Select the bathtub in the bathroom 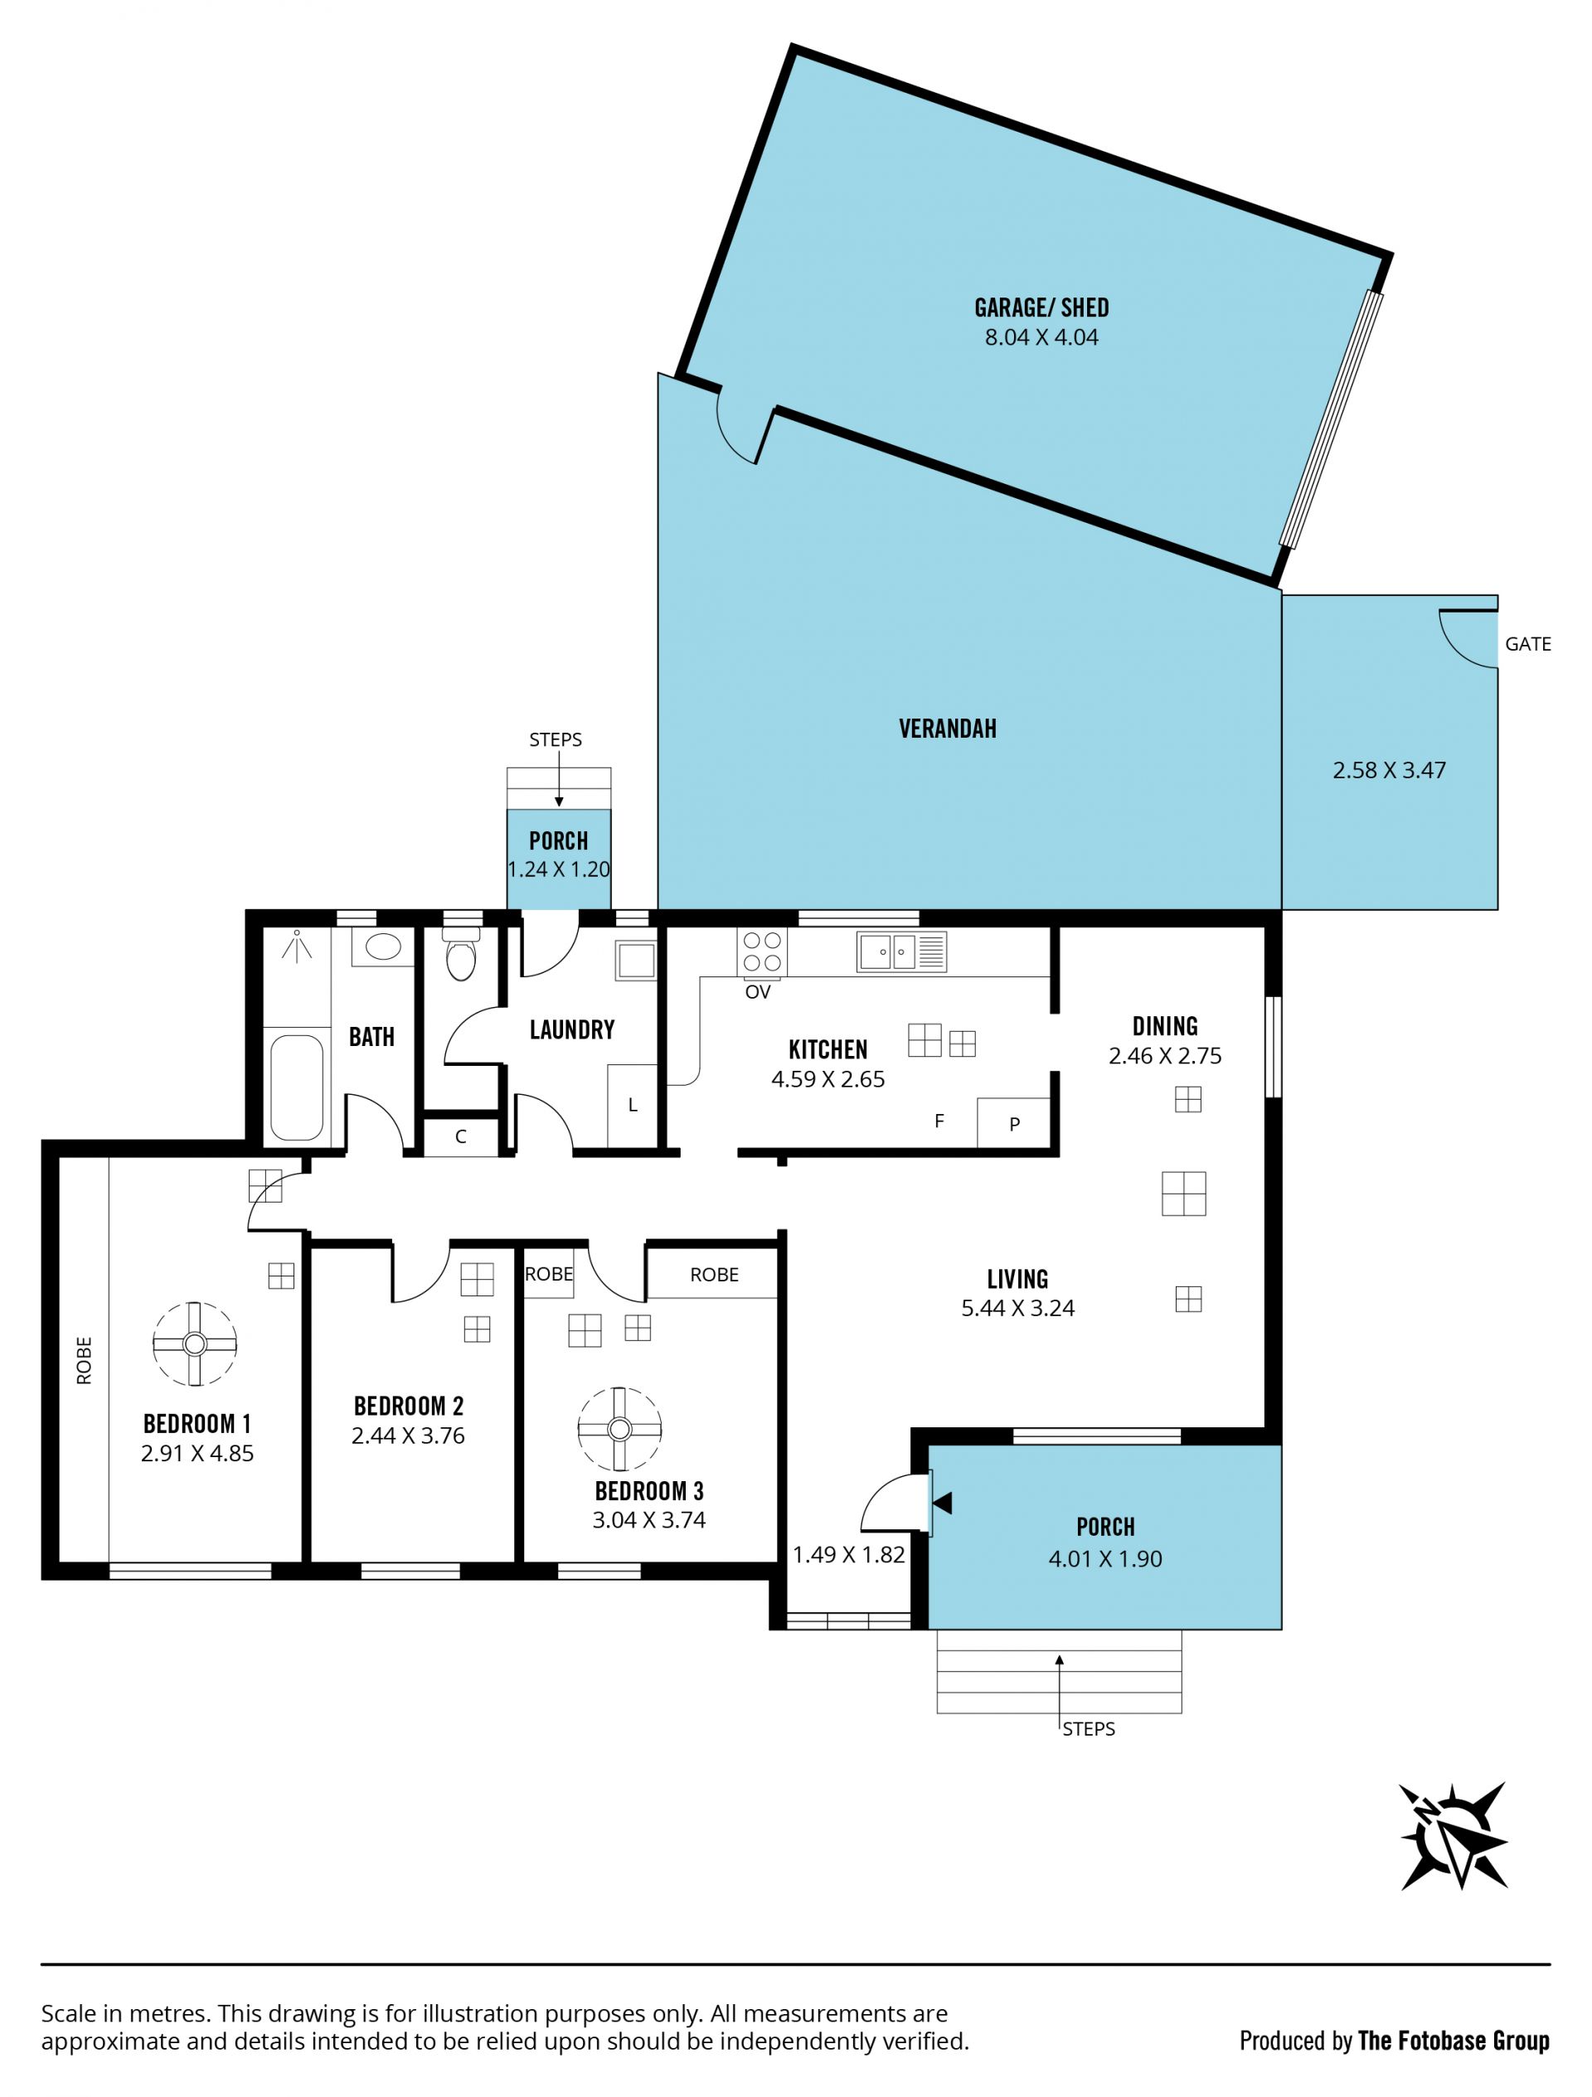(x=297, y=1087)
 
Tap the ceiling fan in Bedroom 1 (x=194, y=1344)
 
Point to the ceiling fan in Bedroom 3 (x=619, y=1429)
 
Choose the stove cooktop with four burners (x=762, y=951)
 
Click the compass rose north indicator (x=1454, y=1836)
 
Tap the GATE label (x=1527, y=644)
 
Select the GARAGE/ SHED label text (x=1041, y=308)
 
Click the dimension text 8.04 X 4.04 (x=1041, y=337)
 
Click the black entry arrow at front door (x=943, y=1503)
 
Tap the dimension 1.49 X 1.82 (x=848, y=1554)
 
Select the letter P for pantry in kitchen (x=1015, y=1125)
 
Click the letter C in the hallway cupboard (x=461, y=1136)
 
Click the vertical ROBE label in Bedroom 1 (x=85, y=1360)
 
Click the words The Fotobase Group (x=1454, y=2039)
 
